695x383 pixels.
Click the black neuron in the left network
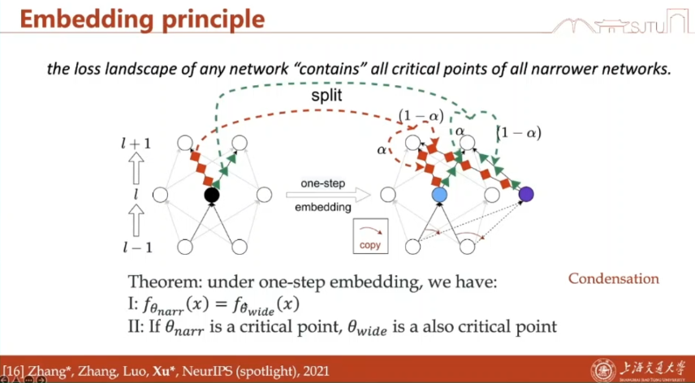point(212,195)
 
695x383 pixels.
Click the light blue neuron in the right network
point(440,195)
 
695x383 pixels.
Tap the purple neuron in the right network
point(526,194)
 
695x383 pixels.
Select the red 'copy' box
point(369,235)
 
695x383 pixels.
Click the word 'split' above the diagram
point(327,96)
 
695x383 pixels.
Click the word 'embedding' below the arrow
point(324,207)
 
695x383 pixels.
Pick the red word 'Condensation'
point(613,279)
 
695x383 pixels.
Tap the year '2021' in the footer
point(312,372)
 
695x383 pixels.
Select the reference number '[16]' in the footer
point(15,372)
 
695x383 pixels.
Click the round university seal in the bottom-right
point(602,369)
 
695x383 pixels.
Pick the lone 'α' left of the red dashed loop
point(382,149)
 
